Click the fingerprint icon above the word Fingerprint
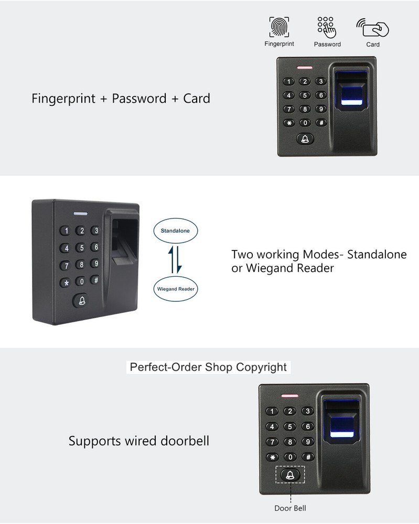tap(279, 27)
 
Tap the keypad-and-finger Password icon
tap(327, 27)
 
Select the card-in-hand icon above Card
tap(372, 27)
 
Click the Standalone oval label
tap(175, 231)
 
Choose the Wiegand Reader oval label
tap(176, 289)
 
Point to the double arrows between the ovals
tap(175, 260)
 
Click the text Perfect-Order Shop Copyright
tap(208, 367)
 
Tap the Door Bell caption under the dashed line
tap(290, 508)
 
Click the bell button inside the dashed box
tap(290, 474)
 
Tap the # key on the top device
tap(321, 123)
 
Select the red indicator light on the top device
tap(305, 68)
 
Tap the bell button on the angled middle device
tap(81, 300)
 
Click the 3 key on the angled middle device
tap(95, 230)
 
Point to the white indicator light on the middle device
tap(81, 214)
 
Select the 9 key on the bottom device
tap(308, 441)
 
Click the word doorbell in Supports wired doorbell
tap(185, 441)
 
